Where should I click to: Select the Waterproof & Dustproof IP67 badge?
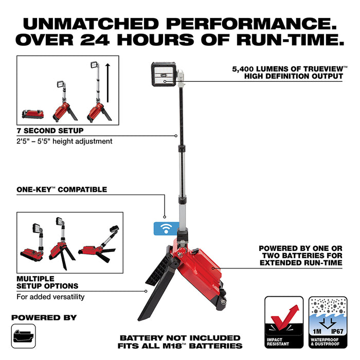[325, 322]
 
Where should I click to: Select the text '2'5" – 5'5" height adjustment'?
[64, 141]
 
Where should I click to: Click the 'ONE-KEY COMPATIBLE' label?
[62, 190]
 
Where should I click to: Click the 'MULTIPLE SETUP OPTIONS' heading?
[47, 282]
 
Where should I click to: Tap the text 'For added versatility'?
[50, 297]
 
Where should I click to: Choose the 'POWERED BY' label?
[44, 317]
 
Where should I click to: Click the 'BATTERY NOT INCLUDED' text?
[180, 338]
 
